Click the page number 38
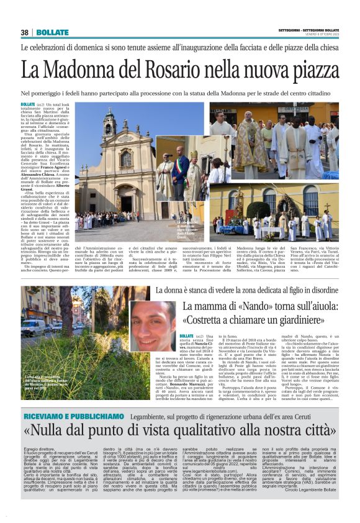[x=25, y=32]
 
